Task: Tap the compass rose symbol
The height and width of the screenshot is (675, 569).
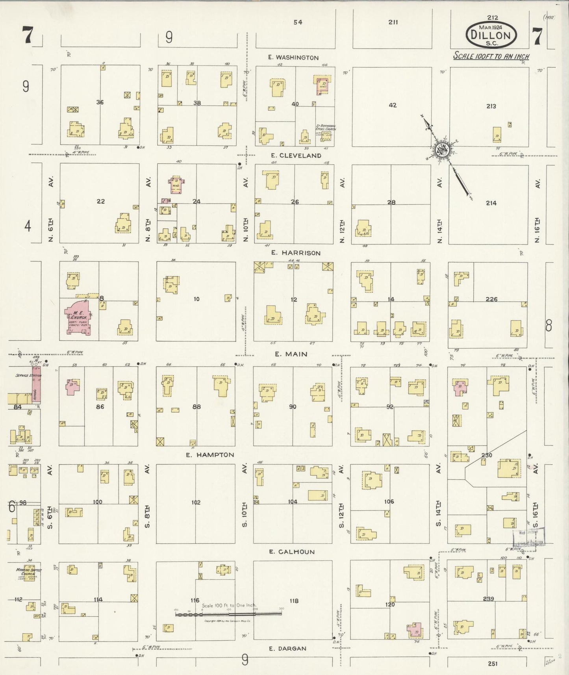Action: coord(441,150)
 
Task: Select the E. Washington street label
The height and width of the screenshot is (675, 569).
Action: coord(293,57)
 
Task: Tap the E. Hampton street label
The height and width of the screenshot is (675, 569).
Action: coord(210,454)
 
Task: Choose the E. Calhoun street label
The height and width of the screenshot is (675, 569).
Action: coord(292,552)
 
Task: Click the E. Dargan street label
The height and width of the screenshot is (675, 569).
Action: coord(287,649)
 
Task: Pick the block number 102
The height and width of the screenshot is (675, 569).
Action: coord(196,502)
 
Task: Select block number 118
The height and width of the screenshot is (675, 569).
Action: coord(294,601)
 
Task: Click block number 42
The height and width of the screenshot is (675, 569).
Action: coord(392,105)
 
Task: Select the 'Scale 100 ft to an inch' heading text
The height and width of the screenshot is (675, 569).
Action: coord(491,56)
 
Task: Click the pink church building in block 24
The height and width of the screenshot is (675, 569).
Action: coord(177,185)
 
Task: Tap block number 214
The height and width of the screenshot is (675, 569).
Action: coord(491,203)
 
